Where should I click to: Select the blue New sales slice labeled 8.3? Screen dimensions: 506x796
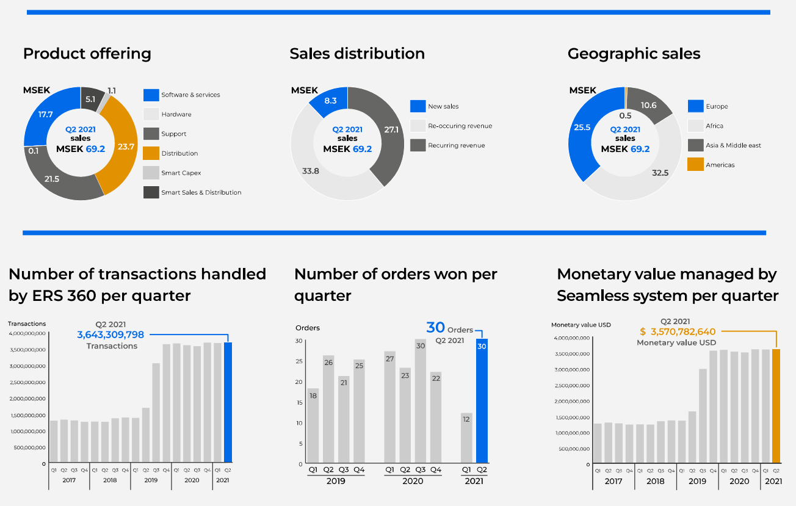[330, 101]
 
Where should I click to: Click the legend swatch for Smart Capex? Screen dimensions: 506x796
[151, 173]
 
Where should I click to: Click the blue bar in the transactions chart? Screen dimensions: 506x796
[228, 403]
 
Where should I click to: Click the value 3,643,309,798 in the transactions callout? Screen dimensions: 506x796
[110, 334]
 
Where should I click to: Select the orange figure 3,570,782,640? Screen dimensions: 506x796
[682, 331]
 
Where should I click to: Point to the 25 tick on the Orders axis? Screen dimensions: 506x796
[299, 361]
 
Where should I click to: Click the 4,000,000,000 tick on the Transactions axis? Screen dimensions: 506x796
[27, 333]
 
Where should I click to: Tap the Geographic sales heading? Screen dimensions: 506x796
[634, 54]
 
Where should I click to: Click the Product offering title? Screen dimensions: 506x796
[87, 54]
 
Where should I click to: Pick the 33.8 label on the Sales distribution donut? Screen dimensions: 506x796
[311, 171]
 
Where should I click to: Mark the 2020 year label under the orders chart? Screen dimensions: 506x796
[412, 481]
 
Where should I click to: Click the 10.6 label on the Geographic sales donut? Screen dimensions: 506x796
[648, 106]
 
